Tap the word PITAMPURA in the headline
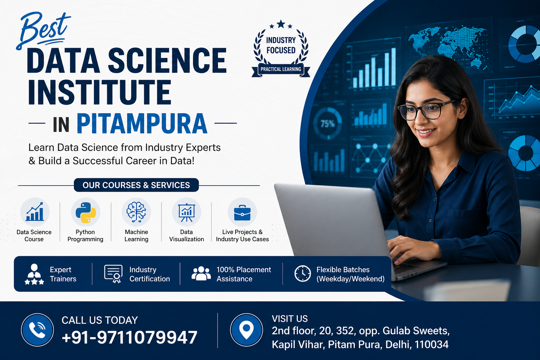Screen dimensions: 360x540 (142, 124)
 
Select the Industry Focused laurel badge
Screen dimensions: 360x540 (281, 49)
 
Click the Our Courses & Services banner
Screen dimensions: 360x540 (136, 185)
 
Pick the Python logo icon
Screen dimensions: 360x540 (85, 212)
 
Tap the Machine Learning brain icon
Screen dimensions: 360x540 (136, 212)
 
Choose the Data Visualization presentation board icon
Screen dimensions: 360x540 (186, 212)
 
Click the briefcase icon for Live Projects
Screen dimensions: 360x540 (242, 212)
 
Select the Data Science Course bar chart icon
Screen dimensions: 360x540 (34, 212)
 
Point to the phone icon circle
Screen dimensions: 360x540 (37, 330)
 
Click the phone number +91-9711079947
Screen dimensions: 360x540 (129, 337)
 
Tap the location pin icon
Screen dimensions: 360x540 (246, 330)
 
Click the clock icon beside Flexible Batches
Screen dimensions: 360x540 (302, 274)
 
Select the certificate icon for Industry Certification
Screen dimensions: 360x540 (113, 274)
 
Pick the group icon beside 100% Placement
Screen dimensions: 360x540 (201, 274)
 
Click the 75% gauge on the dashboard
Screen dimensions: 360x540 (327, 124)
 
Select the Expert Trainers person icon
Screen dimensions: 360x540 (34, 274)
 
